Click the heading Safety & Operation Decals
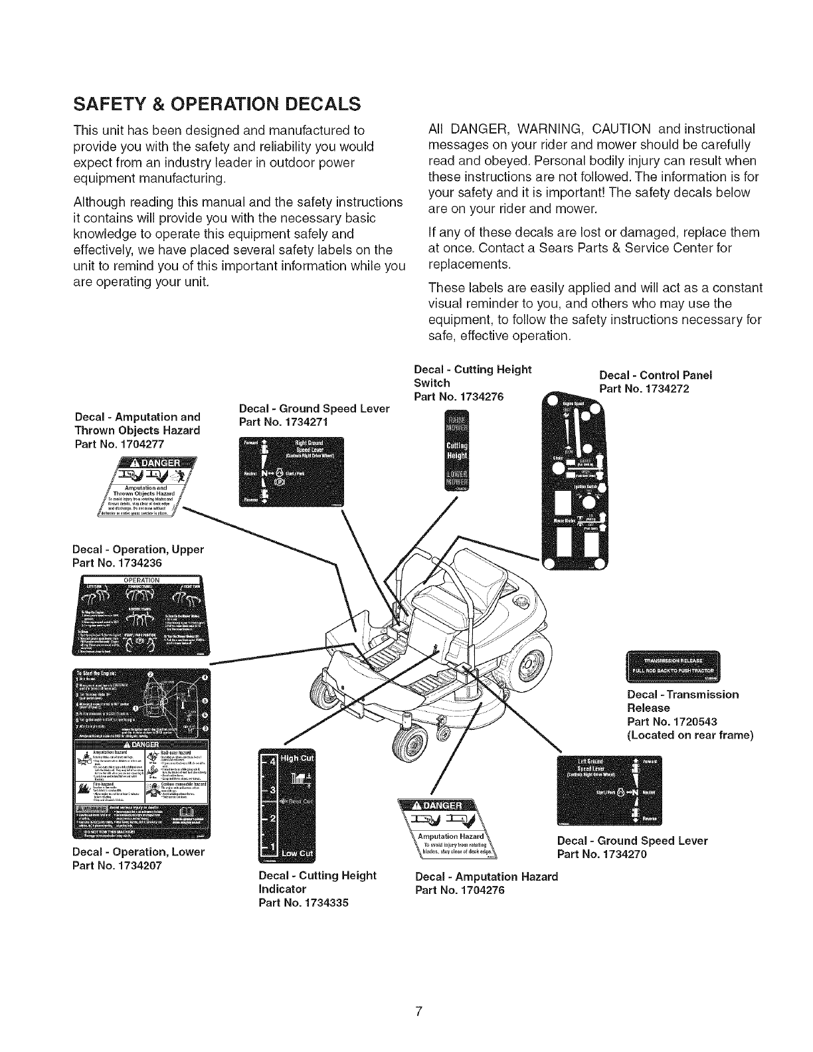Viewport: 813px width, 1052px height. click(217, 105)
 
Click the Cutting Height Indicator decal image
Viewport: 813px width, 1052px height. click(288, 804)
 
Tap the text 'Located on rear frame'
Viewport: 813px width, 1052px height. click(689, 735)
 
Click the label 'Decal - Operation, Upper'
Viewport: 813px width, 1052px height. click(137, 549)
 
